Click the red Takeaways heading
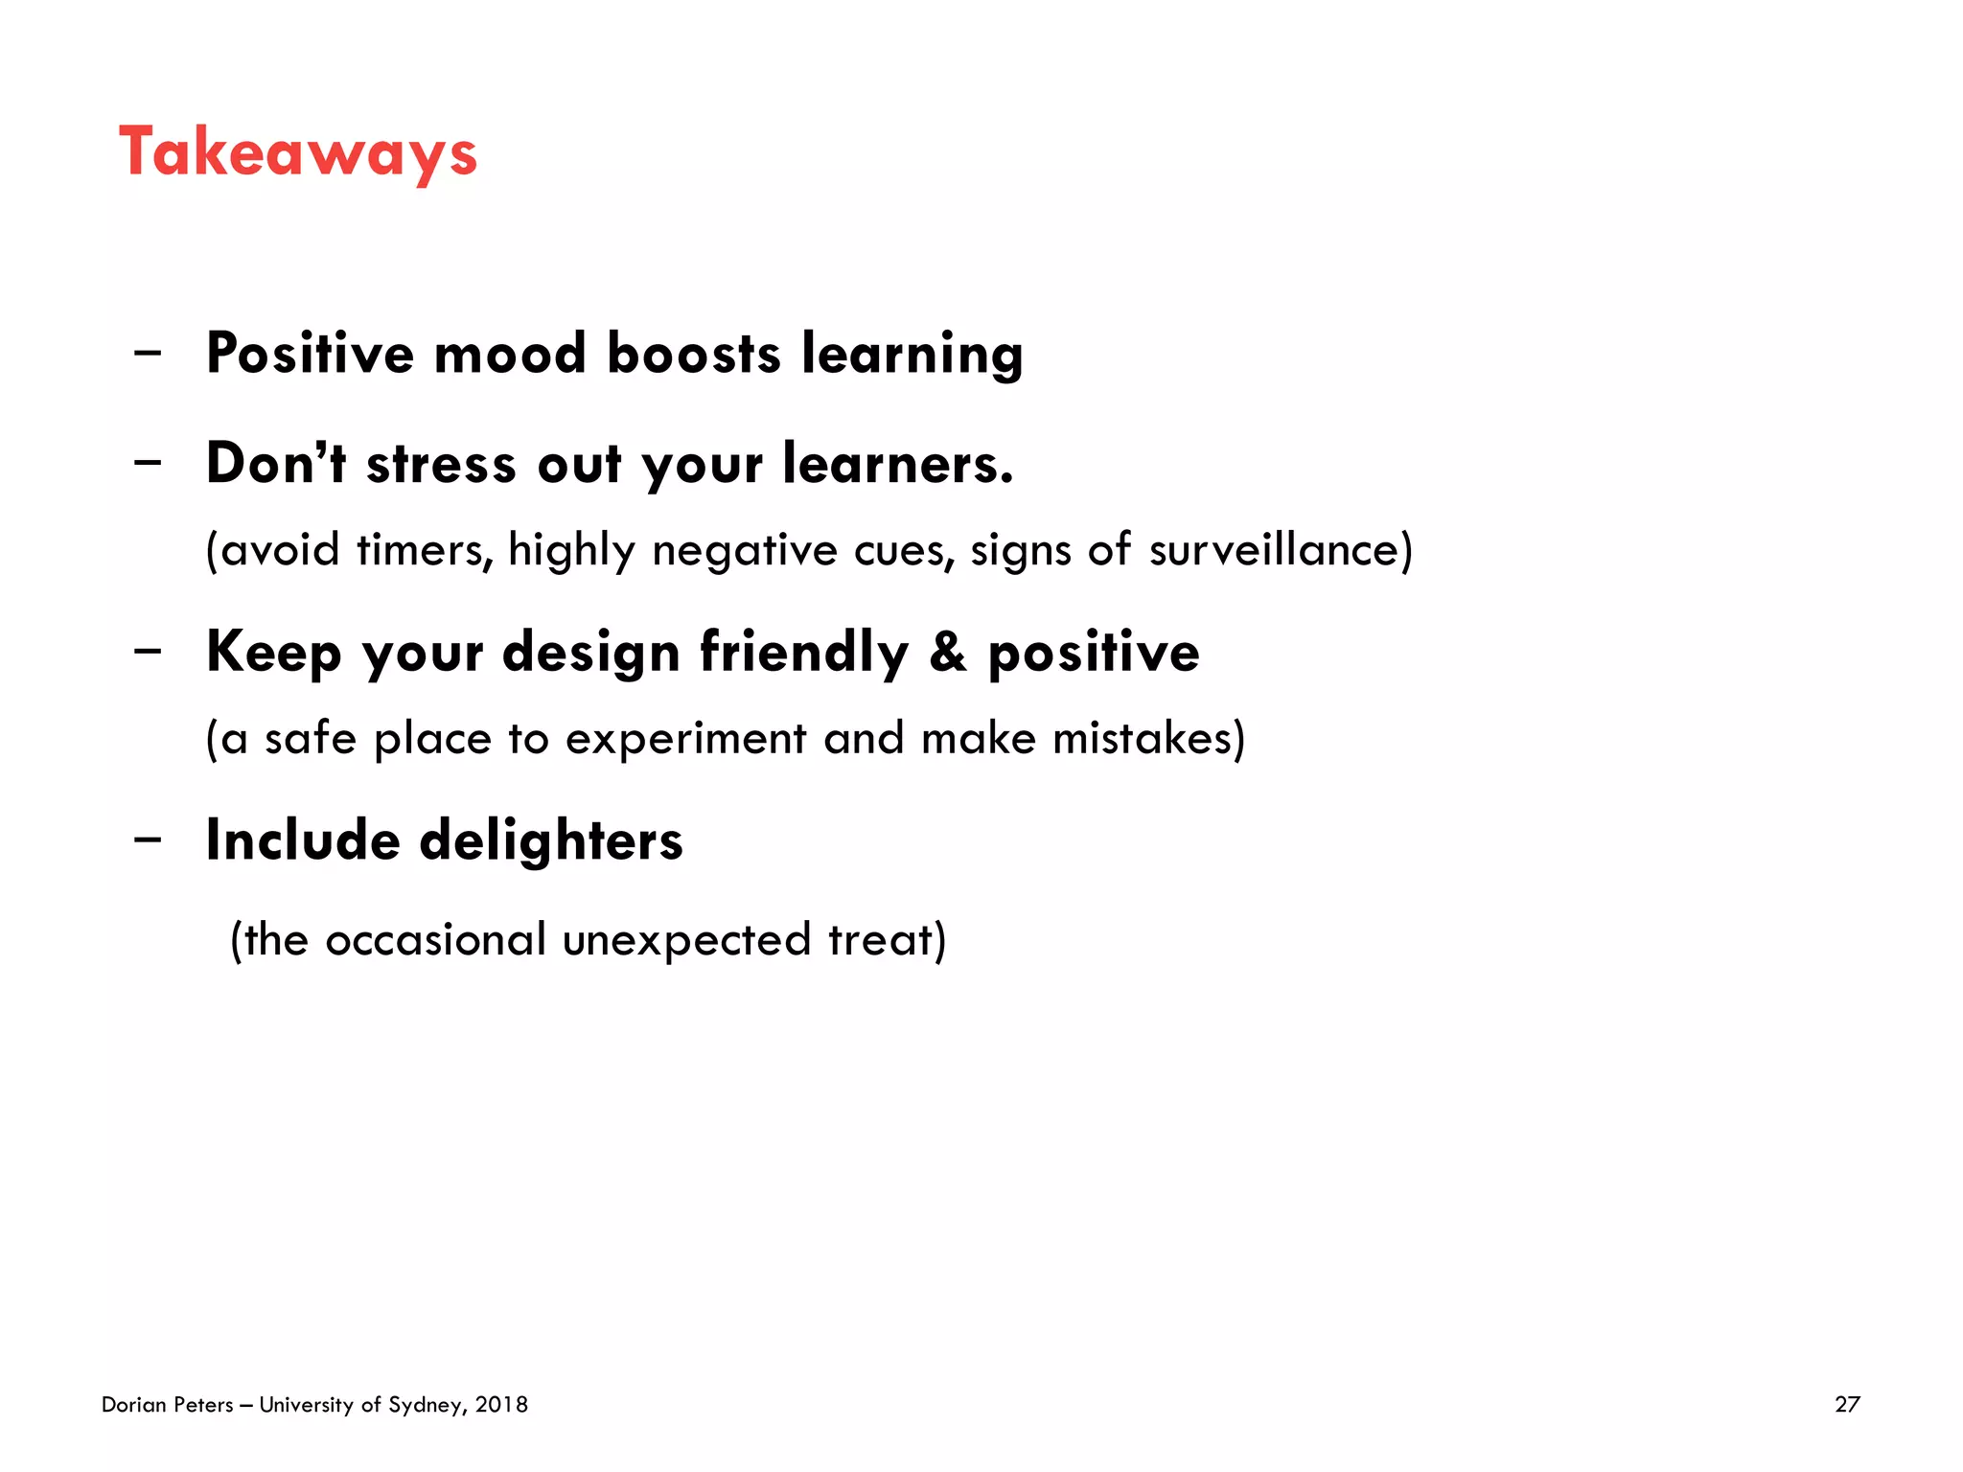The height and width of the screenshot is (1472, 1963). click(298, 153)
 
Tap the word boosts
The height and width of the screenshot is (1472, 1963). click(694, 354)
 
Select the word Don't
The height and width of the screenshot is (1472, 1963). click(276, 464)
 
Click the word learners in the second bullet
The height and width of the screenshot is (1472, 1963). click(897, 464)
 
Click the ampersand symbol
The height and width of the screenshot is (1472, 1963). click(948, 652)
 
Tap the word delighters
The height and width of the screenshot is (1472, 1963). click(551, 840)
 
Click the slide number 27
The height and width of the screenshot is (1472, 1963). click(1847, 1405)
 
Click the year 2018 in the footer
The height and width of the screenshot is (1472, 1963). click(501, 1405)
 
